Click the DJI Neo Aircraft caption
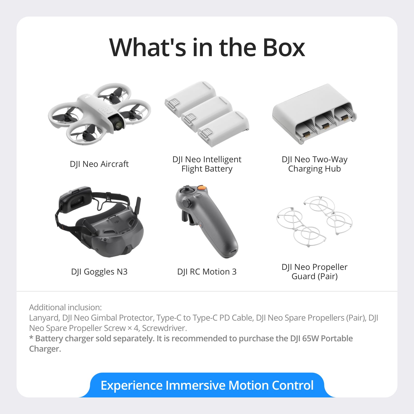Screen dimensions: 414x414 (x=99, y=164)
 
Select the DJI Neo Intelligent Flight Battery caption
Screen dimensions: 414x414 (x=207, y=164)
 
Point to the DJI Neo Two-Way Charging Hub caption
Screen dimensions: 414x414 (x=314, y=164)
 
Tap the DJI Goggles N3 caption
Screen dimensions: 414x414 (x=99, y=272)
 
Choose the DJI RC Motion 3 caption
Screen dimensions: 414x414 (x=207, y=272)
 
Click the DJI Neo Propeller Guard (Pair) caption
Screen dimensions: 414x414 (x=314, y=272)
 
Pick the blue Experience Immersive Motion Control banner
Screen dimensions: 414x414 (x=207, y=385)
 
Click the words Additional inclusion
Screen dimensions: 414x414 (x=65, y=307)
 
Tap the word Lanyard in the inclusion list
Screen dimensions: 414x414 (x=44, y=318)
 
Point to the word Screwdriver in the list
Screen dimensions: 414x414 (x=164, y=328)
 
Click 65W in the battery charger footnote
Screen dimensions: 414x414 (x=310, y=338)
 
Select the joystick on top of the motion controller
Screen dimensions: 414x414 (x=187, y=189)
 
